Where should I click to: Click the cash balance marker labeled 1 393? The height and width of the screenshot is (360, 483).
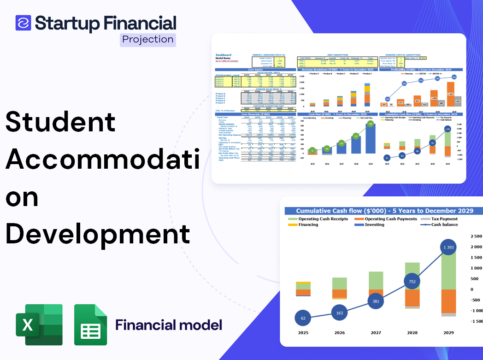[445, 248]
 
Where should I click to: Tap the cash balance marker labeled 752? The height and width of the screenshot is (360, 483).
[412, 282]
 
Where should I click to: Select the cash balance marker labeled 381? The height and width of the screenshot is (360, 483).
[376, 301]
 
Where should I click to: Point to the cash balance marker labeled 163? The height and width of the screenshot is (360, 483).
[339, 313]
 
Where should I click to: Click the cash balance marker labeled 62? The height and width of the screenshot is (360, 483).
[302, 318]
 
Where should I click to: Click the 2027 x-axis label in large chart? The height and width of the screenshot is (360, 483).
[376, 332]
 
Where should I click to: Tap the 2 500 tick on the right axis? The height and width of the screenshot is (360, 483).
[474, 236]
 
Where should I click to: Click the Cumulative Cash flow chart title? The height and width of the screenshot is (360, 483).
[384, 211]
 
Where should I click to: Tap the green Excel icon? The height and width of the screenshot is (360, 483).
[39, 325]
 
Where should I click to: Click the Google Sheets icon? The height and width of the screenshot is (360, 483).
[91, 325]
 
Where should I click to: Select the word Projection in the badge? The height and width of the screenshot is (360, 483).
[148, 39]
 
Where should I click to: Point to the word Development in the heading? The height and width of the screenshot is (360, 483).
[97, 234]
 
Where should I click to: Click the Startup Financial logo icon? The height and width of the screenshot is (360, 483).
[23, 23]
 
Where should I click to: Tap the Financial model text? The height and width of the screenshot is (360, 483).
[169, 325]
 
